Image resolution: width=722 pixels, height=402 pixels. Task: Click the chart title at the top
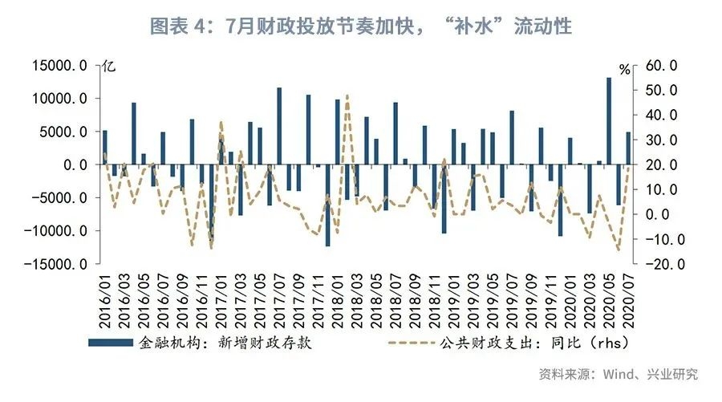coord(361,26)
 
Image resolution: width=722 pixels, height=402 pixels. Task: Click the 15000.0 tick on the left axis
coord(59,66)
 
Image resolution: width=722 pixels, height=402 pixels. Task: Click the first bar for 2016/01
coord(105,148)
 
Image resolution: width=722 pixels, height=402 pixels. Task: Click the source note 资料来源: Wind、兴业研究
coord(618,374)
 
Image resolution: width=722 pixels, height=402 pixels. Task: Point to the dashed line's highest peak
coord(347,95)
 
